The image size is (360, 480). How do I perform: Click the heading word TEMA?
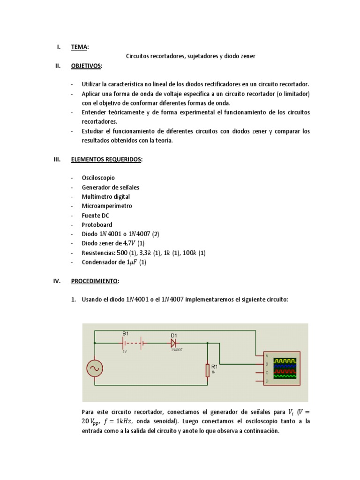79,47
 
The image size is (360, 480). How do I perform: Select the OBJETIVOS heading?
86,66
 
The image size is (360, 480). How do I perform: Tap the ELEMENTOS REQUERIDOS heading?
106,159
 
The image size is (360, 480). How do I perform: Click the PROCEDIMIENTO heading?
95,281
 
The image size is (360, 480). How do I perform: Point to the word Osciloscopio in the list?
98,178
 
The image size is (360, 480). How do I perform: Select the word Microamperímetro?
107,206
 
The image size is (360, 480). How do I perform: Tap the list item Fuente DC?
95,216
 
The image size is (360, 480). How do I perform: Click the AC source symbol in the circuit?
95,368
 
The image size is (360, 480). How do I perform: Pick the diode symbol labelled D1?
174,343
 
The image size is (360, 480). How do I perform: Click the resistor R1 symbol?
207,370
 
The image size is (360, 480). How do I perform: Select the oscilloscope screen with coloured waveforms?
285,368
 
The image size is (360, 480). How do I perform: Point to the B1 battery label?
125,333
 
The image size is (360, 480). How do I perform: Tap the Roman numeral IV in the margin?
57,281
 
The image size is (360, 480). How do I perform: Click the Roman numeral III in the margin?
57,159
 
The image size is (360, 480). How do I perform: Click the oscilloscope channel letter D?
267,382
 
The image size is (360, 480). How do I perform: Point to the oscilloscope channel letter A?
267,356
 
